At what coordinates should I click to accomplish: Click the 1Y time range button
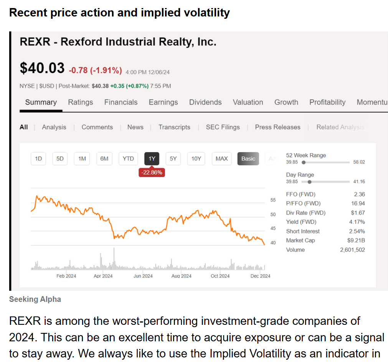pos(152,159)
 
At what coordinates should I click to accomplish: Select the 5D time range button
pos(60,159)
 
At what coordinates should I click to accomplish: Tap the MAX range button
pos(221,159)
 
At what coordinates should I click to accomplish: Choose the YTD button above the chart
pos(128,159)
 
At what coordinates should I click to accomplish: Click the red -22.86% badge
pos(152,172)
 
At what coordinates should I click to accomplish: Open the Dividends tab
pos(205,102)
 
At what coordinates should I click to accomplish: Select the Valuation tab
pos(248,102)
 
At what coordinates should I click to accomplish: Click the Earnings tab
pos(163,102)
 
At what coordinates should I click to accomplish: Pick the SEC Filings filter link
pos(223,127)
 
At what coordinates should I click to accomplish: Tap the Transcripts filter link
pos(174,127)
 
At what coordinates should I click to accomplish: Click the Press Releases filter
pos(277,127)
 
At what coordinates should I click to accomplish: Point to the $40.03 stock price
pos(42,68)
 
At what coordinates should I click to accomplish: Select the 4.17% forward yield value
pos(357,222)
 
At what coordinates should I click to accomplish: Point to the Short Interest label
pos(303,231)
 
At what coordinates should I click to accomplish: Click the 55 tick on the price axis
pos(273,200)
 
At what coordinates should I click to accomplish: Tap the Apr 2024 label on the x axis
pos(103,276)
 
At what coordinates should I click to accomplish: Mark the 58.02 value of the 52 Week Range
pos(359,162)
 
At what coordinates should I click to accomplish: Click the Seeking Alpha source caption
pos(35,299)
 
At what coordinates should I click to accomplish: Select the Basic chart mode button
pos(248,159)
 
